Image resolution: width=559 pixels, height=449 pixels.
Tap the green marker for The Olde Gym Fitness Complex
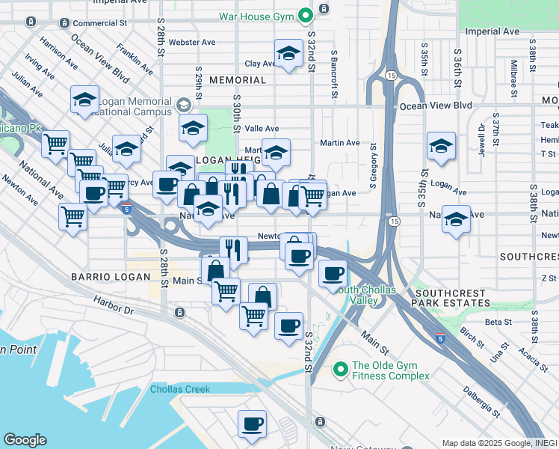point(341,369)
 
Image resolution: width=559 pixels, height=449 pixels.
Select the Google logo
point(25,439)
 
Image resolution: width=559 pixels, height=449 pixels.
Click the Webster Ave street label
point(192,43)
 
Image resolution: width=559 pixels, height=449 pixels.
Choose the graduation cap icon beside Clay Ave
point(288,54)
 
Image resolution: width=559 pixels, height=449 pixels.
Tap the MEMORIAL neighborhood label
point(238,80)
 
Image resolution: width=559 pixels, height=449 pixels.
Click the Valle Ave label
point(262,129)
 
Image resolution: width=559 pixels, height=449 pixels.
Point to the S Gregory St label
point(371,168)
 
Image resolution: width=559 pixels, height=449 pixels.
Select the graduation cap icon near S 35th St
point(441,147)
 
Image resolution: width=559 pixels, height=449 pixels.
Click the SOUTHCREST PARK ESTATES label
point(453,298)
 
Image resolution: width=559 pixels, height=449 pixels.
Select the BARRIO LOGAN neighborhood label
point(102,277)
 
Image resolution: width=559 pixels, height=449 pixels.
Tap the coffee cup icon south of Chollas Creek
point(252,424)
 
